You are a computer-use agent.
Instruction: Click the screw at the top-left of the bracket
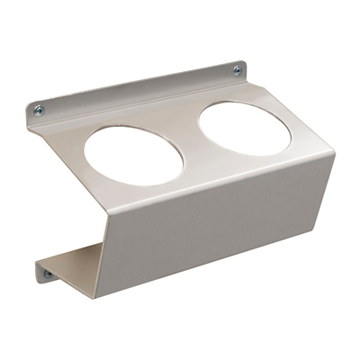point(39,110)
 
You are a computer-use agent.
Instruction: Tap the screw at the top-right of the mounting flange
point(237,70)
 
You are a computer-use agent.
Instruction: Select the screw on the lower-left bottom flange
point(48,274)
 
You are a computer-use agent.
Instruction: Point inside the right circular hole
point(244,126)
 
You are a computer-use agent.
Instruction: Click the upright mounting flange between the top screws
point(135,90)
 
